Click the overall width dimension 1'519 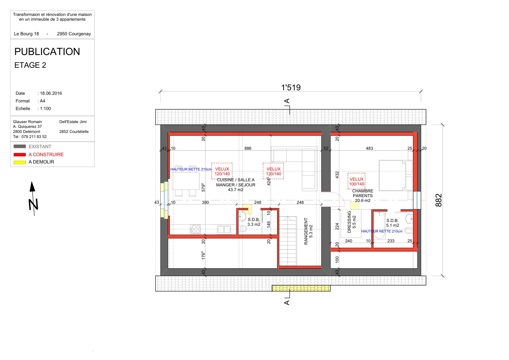pyautogui.click(x=291, y=87)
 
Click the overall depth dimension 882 pyautogui.click(x=439, y=200)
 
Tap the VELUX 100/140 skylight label pyautogui.click(x=357, y=182)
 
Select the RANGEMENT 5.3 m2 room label pyautogui.click(x=308, y=231)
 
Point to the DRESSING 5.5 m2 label pyautogui.click(x=352, y=222)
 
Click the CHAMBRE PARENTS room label pyautogui.click(x=363, y=193)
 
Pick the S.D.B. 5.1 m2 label pyautogui.click(x=393, y=223)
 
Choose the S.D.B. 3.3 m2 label pyautogui.click(x=254, y=222)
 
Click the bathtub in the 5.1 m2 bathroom pyautogui.click(x=379, y=225)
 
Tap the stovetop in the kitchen pyautogui.click(x=195, y=229)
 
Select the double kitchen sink pyautogui.click(x=224, y=229)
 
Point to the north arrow pyautogui.click(x=33, y=199)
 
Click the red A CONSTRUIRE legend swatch pyautogui.click(x=20, y=155)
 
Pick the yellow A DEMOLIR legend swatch pyautogui.click(x=20, y=163)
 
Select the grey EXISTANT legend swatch pyautogui.click(x=20, y=147)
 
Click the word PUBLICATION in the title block pyautogui.click(x=47, y=52)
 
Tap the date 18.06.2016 pyautogui.click(x=51, y=93)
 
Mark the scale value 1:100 pyautogui.click(x=45, y=108)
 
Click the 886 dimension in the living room pyautogui.click(x=248, y=148)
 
